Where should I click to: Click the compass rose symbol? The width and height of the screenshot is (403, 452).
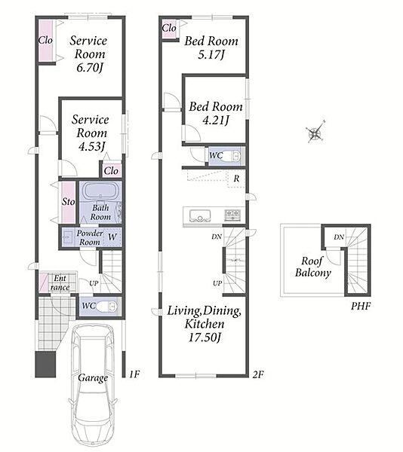[315, 133]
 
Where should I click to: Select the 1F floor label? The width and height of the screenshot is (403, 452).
[134, 374]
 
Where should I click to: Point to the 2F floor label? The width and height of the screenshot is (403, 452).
[258, 374]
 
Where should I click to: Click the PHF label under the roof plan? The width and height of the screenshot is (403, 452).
[361, 306]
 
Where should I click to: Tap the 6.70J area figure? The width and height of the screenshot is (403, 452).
[90, 68]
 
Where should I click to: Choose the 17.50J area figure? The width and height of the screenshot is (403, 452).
[205, 337]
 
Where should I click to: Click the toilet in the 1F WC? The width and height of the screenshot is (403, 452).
[106, 307]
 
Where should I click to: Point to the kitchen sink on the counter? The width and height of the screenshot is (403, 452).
[200, 215]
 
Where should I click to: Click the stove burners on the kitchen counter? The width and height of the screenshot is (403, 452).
[232, 215]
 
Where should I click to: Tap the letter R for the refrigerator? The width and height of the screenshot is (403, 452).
[236, 179]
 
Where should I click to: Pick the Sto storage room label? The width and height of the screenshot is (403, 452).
[69, 201]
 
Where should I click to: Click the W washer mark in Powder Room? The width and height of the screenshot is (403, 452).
[112, 237]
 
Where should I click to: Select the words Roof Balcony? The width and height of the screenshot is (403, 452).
[313, 267]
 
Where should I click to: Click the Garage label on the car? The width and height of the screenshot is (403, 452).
[93, 378]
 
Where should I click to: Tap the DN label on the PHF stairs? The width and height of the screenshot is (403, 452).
[339, 237]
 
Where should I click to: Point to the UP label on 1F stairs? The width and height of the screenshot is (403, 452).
[94, 283]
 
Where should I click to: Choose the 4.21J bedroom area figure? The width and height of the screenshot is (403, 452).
[216, 121]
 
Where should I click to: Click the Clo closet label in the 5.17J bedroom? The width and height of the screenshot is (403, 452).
[169, 28]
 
